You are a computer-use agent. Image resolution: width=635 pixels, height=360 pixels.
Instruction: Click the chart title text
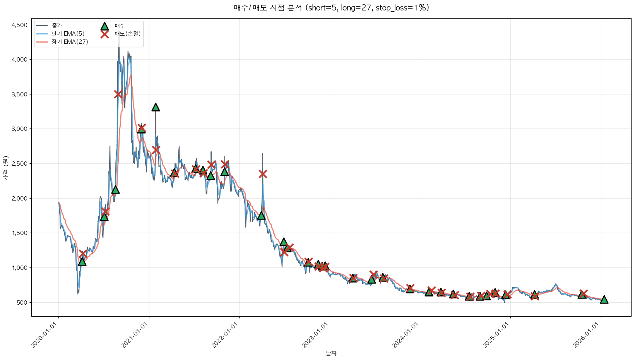[x=331, y=8]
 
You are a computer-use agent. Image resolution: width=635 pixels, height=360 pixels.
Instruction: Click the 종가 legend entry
[x=57, y=26]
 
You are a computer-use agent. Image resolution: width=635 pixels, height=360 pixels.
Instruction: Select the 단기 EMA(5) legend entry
[x=68, y=34]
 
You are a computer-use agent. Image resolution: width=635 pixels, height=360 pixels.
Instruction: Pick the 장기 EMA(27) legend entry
[x=70, y=42]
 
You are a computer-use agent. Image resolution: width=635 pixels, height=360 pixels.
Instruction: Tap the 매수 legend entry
[x=120, y=26]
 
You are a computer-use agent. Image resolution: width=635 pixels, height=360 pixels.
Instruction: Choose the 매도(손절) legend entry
[x=127, y=34]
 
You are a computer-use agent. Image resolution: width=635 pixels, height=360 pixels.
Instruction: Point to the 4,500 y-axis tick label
[x=19, y=25]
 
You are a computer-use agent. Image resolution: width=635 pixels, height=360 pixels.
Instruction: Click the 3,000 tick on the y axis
[x=19, y=129]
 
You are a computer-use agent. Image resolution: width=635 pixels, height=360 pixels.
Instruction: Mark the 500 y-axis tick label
[x=22, y=302]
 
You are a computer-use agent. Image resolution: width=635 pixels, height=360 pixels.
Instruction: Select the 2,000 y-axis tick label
[x=19, y=198]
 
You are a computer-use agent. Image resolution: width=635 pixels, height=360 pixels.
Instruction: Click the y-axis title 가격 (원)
[x=5, y=168]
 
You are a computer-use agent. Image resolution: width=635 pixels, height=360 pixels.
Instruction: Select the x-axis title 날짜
[x=331, y=353]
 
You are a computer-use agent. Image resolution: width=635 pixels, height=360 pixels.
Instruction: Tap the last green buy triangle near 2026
[x=604, y=299]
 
